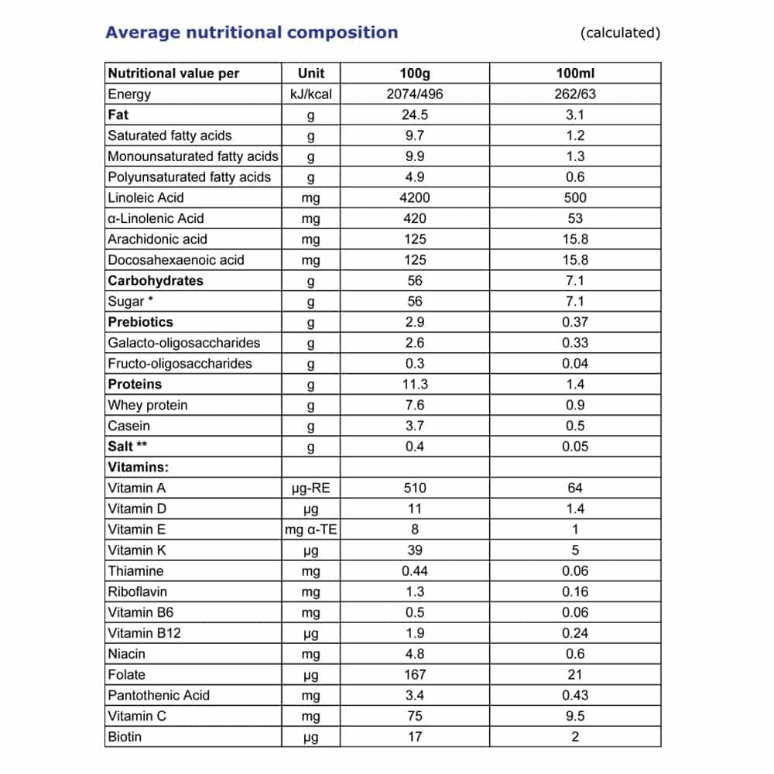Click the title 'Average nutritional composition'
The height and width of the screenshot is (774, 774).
tap(252, 33)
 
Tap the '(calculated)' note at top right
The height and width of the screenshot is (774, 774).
tap(620, 33)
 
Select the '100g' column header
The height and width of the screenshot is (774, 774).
tap(415, 74)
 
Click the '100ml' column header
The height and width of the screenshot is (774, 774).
tap(575, 74)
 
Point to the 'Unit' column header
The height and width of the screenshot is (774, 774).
tap(310, 74)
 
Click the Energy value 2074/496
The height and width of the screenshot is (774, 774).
tap(415, 94)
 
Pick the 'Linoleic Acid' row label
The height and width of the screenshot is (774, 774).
tap(146, 197)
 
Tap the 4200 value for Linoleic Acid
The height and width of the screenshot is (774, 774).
tap(415, 197)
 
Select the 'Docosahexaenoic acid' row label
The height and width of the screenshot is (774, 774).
tap(176, 260)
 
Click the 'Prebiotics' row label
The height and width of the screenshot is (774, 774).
tap(140, 322)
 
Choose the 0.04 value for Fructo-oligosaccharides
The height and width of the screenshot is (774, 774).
tap(575, 364)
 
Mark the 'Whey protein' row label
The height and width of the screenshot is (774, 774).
tap(147, 405)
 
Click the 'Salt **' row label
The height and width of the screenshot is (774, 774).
tap(128, 447)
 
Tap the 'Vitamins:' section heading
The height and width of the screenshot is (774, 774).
tap(139, 467)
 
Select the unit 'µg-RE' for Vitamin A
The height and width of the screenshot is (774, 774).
tap(310, 488)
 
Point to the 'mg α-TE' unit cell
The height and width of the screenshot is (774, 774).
tap(310, 529)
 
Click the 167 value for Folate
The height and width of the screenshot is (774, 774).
tap(415, 674)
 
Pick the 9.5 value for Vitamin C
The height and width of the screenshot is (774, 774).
tap(575, 716)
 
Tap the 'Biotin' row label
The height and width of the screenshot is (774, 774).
tap(125, 737)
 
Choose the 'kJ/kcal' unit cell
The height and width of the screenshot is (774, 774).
tap(310, 94)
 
